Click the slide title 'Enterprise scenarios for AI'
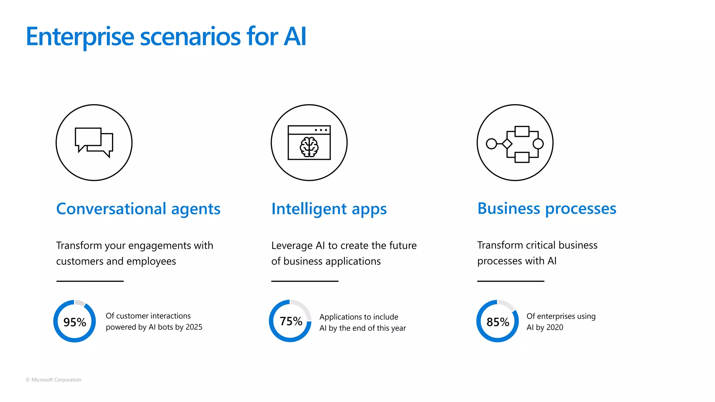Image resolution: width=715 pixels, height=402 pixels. tap(166, 37)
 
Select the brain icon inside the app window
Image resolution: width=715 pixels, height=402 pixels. tap(309, 147)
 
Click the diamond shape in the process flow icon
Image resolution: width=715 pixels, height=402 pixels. tap(507, 144)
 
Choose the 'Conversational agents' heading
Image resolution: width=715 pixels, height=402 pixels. tap(138, 209)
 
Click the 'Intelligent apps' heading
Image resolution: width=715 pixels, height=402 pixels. tap(329, 209)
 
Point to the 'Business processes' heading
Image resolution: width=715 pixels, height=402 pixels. tap(547, 209)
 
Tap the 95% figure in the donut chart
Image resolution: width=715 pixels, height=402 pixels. tap(75, 322)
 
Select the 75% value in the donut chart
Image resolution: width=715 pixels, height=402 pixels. tap(291, 321)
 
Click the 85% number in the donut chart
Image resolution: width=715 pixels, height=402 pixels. tap(498, 322)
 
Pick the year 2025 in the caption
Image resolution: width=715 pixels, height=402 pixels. tap(194, 327)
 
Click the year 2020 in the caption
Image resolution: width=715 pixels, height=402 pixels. tap(555, 327)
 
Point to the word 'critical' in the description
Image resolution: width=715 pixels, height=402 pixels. tap(541, 245)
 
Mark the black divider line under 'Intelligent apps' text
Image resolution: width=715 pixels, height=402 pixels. tap(305, 281)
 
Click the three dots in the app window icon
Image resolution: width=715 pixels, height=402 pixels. tap(321, 130)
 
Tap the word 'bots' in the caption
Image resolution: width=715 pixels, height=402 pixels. tap(165, 327)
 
